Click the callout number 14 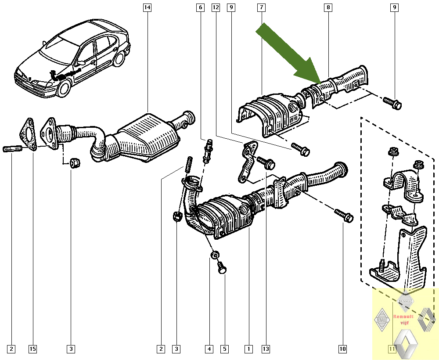[147, 7]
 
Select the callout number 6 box [200, 7]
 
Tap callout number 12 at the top [215, 7]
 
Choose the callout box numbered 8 [328, 7]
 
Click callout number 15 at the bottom [32, 349]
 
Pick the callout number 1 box [248, 349]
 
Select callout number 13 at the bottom [266, 349]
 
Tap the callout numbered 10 [342, 349]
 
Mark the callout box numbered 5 [224, 349]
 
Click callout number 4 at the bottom [209, 349]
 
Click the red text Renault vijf [403, 319]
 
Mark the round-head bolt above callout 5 [222, 267]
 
